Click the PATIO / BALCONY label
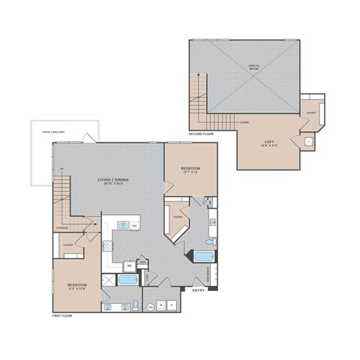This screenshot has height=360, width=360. coord(53,133)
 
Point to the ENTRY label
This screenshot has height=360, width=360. coord(199,290)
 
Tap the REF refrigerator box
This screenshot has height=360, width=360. coord(130,265)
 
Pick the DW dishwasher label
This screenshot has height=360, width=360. coord(134,225)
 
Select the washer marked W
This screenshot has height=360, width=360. coord(161,306)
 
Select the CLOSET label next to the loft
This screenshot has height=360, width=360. coord(310,113)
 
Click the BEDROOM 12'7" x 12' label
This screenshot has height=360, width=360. coord(190,169)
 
